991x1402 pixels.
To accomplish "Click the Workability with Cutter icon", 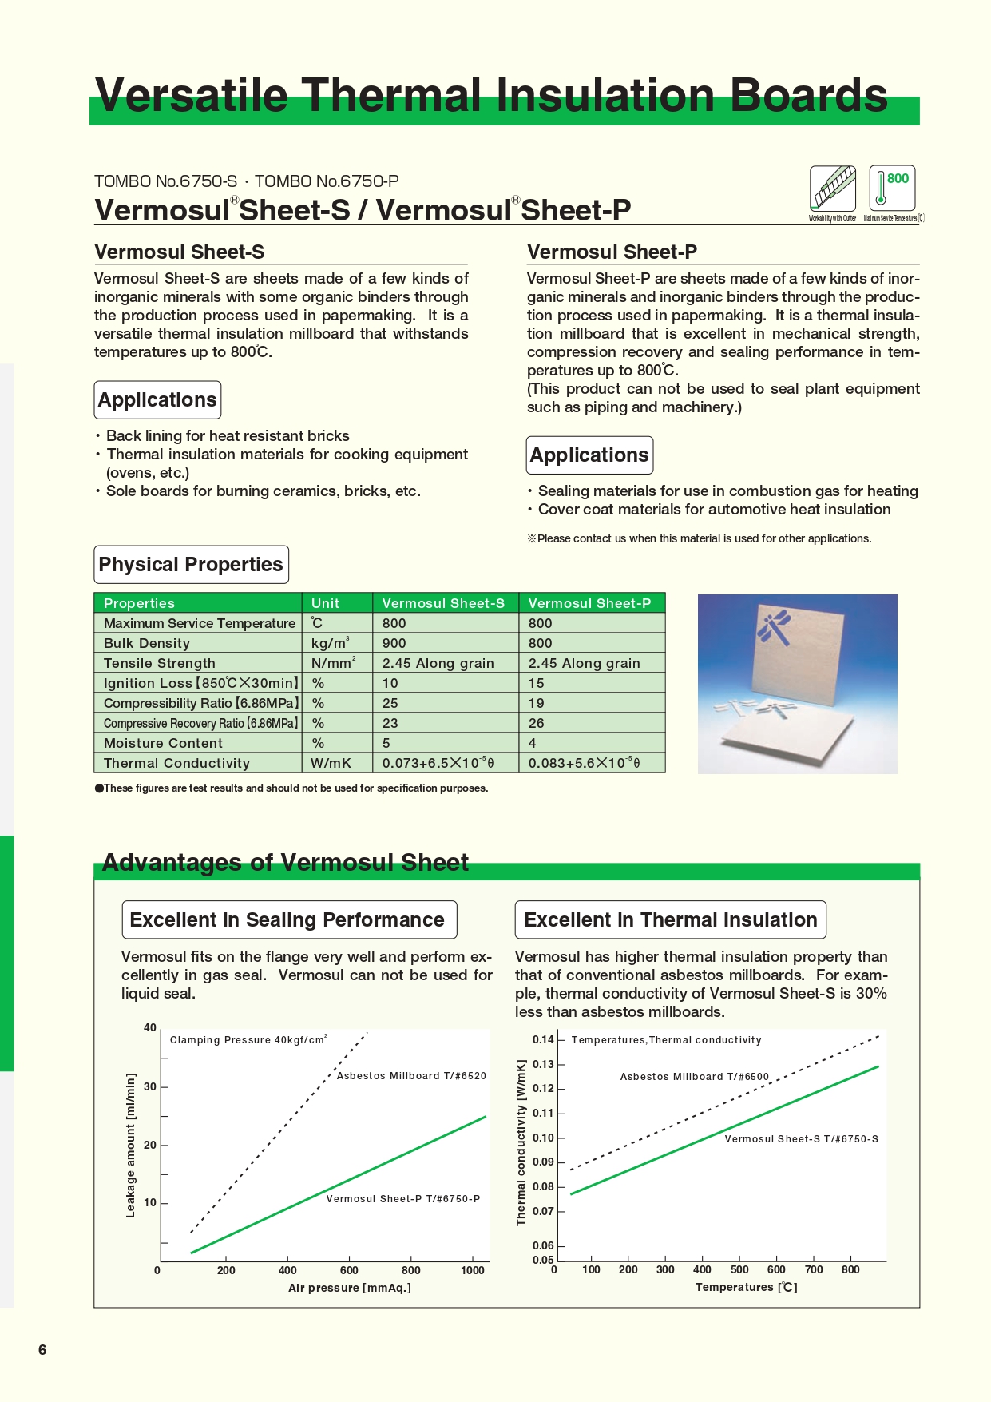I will pyautogui.click(x=832, y=189).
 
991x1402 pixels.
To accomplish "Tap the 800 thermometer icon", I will pyautogui.click(x=892, y=189).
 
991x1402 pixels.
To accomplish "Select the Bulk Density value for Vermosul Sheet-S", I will pyautogui.click(x=394, y=643).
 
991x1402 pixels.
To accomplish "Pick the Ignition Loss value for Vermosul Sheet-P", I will pyautogui.click(x=537, y=683).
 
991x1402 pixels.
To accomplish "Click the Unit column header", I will pyautogui.click(x=325, y=603).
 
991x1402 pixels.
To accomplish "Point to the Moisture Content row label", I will pyautogui.click(x=163, y=743).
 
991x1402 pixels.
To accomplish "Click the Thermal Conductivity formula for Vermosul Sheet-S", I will pyautogui.click(x=438, y=763).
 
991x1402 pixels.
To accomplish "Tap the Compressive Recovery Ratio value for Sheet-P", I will pyautogui.click(x=537, y=723).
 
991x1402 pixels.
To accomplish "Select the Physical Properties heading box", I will pyautogui.click(x=191, y=565).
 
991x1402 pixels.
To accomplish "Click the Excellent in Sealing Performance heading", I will pyautogui.click(x=287, y=919).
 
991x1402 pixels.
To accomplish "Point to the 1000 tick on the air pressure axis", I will pyautogui.click(x=473, y=1270).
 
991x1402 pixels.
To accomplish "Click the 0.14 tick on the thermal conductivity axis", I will pyautogui.click(x=543, y=1039).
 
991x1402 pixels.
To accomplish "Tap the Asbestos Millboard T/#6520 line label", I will pyautogui.click(x=411, y=1076).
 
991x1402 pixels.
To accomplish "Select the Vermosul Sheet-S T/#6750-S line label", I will pyautogui.click(x=801, y=1139).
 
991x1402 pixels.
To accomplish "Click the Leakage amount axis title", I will pyautogui.click(x=131, y=1145).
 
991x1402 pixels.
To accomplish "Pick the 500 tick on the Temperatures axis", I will pyautogui.click(x=739, y=1269).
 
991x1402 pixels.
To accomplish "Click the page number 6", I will pyautogui.click(x=42, y=1350).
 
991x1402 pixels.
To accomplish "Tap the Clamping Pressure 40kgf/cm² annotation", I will pyautogui.click(x=248, y=1040).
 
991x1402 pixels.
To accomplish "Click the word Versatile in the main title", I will pyautogui.click(x=192, y=96).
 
